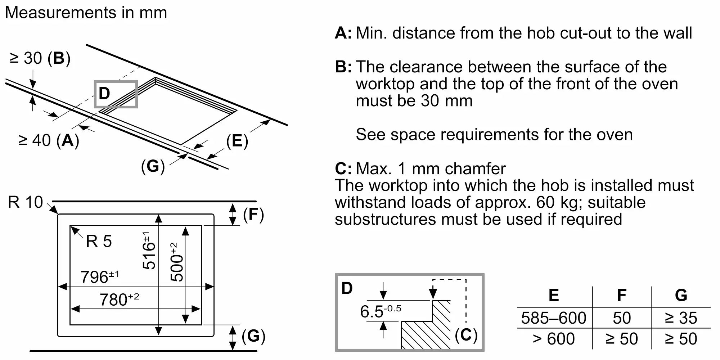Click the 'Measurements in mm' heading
(x=86, y=13)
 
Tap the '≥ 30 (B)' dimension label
(x=40, y=58)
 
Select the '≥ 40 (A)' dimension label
(x=49, y=140)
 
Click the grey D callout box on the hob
(x=116, y=94)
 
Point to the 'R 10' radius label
(x=25, y=202)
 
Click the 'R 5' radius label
(x=99, y=242)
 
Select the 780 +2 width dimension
(x=119, y=300)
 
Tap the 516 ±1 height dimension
(x=149, y=251)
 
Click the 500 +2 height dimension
(x=177, y=262)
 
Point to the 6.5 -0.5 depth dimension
(x=380, y=311)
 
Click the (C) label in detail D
(x=466, y=335)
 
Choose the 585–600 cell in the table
(x=554, y=318)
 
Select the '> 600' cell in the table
(x=554, y=339)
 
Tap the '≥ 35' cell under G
(x=681, y=318)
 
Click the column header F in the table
(x=622, y=295)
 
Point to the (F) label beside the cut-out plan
(x=253, y=215)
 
